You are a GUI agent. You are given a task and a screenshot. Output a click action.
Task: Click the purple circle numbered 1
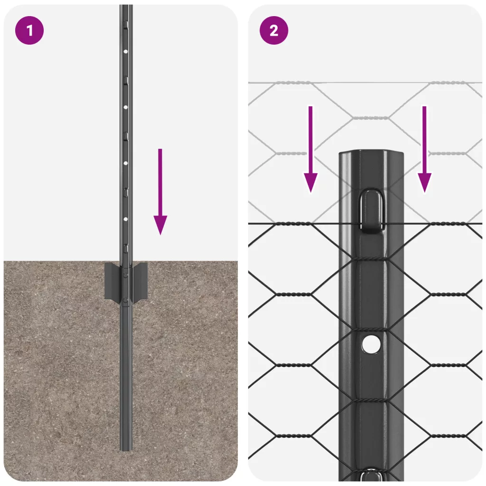pos(29,30)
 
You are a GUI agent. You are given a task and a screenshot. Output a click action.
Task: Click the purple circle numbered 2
pos(274,30)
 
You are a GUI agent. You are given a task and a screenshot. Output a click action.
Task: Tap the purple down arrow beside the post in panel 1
pos(160,192)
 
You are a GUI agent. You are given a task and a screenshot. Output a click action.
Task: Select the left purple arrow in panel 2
pos(310,149)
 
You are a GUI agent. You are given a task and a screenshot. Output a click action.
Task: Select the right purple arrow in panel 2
pos(424,149)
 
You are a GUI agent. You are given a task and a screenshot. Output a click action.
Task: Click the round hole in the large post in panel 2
pos(371,344)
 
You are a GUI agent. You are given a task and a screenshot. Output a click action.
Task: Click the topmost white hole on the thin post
pos(125,51)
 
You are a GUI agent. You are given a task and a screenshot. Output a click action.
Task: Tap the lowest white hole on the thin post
pos(125,219)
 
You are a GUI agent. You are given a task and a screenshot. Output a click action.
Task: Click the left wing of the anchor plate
pos(112,281)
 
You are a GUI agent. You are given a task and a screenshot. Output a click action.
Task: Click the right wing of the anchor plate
pos(140,281)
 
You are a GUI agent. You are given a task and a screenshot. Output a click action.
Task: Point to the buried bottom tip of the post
pos(126,449)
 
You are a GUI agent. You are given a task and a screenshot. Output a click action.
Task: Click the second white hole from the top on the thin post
pos(125,107)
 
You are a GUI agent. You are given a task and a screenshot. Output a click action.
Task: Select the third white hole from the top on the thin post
pos(125,163)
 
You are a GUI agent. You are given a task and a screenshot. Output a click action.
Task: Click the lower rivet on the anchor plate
pos(125,300)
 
